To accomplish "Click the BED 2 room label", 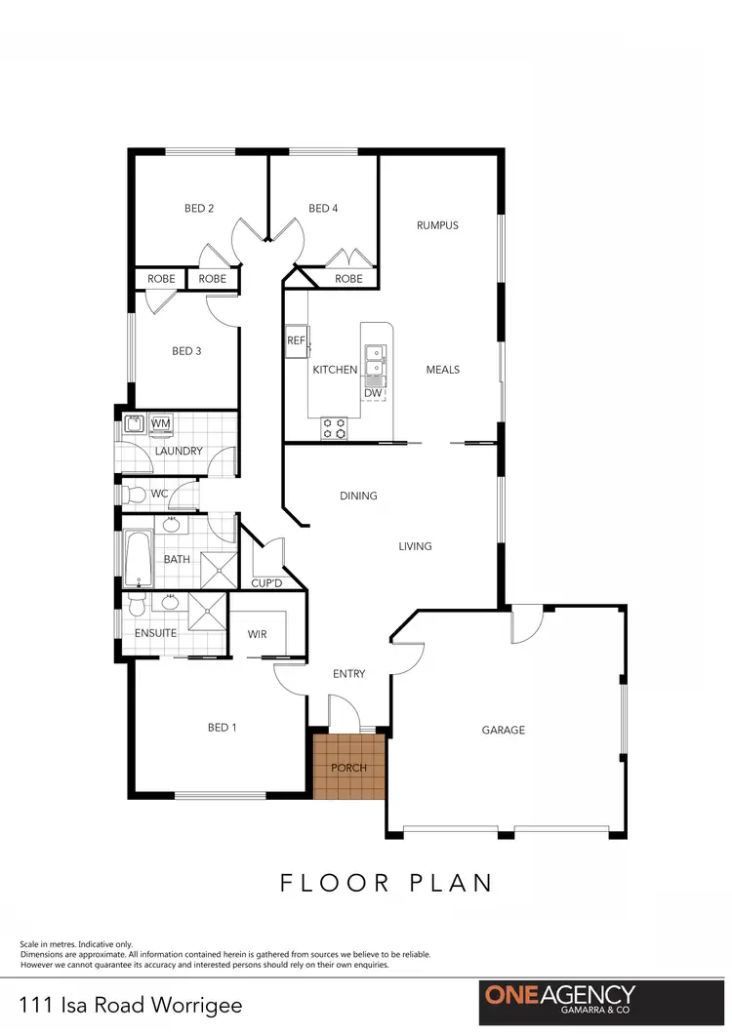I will click(x=199, y=208).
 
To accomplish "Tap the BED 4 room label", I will click(x=323, y=208).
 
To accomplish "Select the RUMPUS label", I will click(x=437, y=225).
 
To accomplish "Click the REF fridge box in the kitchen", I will click(x=297, y=340).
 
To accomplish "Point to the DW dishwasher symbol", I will click(x=373, y=393).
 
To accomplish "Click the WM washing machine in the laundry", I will click(x=161, y=423).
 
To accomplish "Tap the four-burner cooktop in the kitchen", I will click(x=335, y=427).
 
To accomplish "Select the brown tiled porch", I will click(x=349, y=767).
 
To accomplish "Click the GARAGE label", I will click(x=504, y=730).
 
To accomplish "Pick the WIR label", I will click(x=258, y=635).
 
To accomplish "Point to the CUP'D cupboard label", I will click(x=267, y=583).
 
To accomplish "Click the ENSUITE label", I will click(x=156, y=633).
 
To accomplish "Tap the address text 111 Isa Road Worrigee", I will click(x=131, y=1005).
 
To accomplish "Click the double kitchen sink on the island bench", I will click(x=373, y=361).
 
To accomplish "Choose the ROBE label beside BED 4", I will click(x=348, y=279).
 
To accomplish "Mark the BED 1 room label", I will click(x=222, y=727).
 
